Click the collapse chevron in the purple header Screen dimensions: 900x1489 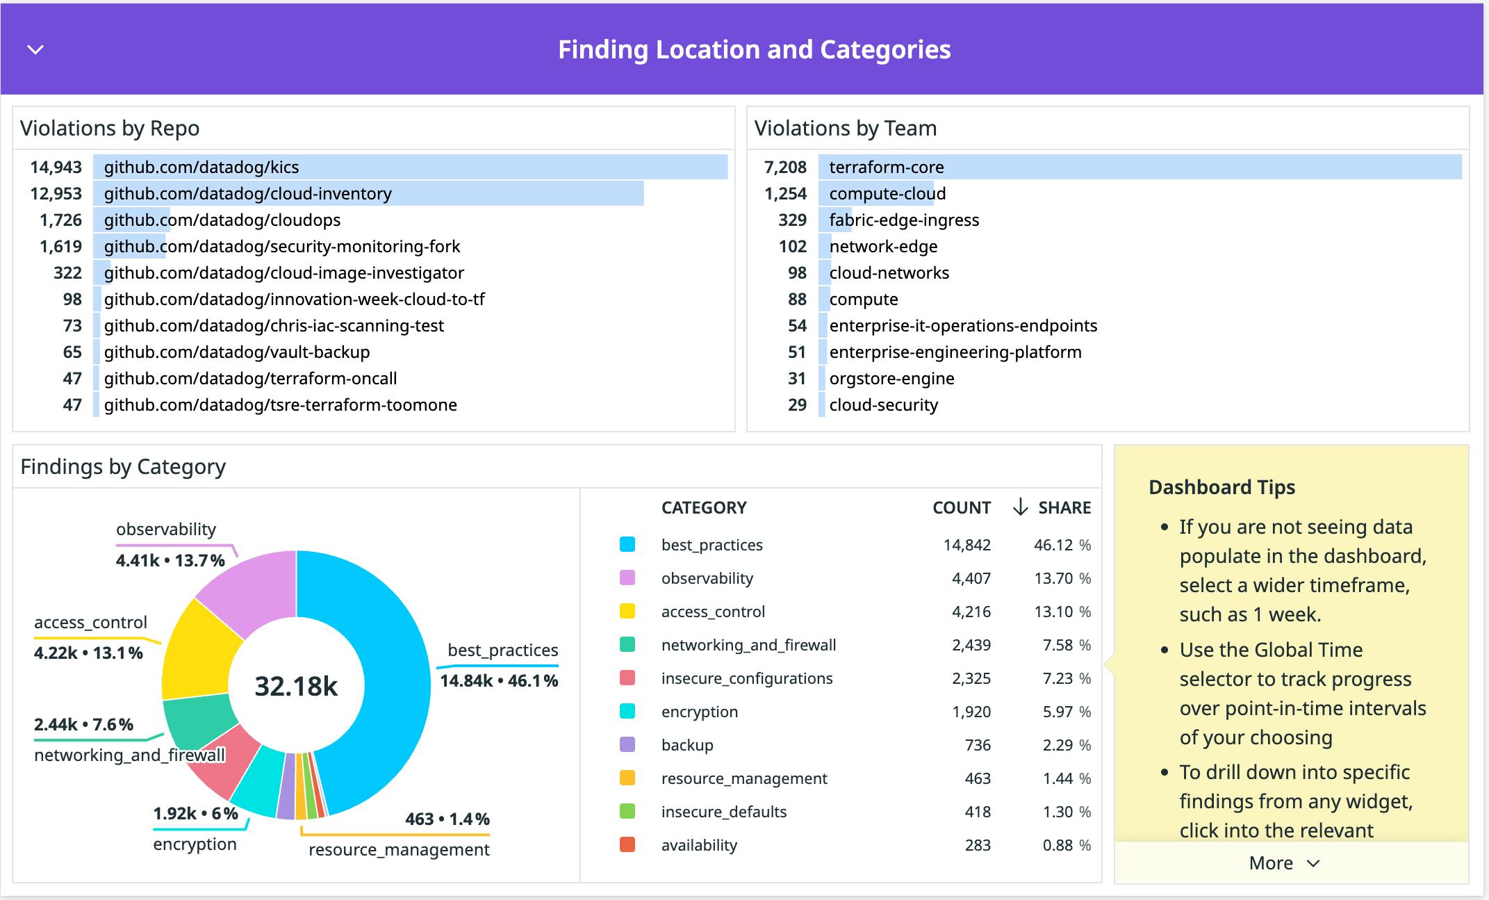(x=35, y=49)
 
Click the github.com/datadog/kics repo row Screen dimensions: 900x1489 (x=201, y=167)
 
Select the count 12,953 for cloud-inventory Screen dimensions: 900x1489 (x=56, y=194)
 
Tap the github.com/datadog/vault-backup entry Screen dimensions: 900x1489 (x=236, y=352)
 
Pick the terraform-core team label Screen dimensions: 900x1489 (x=886, y=167)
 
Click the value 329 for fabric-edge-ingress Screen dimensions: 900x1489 (x=792, y=220)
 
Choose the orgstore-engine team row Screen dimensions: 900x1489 (x=891, y=379)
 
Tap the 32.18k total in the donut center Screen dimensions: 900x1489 (x=296, y=686)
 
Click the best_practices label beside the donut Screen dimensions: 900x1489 (x=502, y=651)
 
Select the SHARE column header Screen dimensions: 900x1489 (x=1064, y=508)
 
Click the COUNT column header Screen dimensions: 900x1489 (x=961, y=508)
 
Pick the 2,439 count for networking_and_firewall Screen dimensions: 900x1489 (x=971, y=646)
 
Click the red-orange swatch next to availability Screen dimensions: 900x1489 (x=627, y=845)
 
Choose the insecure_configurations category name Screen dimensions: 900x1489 (x=746, y=679)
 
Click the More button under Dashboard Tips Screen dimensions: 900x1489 (x=1284, y=863)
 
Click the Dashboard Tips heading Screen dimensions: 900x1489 (x=1221, y=487)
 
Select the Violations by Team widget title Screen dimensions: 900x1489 (x=845, y=129)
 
